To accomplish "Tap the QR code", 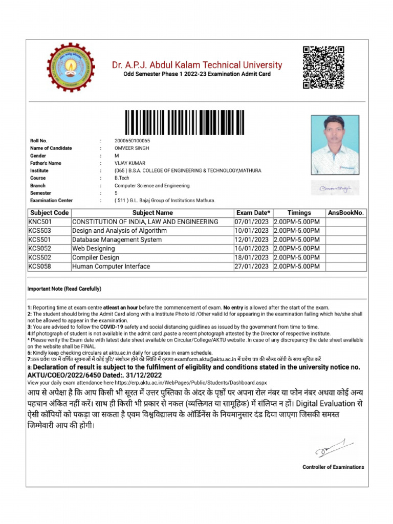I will [323, 67].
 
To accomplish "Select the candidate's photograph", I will [335, 145].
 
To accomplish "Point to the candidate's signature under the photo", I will [335, 189].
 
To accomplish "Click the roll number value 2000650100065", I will [132, 141].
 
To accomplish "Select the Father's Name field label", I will [45, 163].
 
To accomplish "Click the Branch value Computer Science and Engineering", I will [151, 186].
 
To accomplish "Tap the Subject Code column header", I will [49, 212].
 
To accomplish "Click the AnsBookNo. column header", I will [346, 212].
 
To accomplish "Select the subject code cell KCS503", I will [40, 231].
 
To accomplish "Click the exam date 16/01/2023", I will [251, 249].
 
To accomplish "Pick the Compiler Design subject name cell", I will [96, 257].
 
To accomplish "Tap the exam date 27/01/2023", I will [251, 267].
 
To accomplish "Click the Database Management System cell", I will [117, 239].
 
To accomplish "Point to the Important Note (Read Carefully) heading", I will [64, 289].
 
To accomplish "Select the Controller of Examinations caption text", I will [333, 467].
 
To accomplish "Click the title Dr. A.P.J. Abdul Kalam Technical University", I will [197, 65].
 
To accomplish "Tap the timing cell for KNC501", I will [297, 222].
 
